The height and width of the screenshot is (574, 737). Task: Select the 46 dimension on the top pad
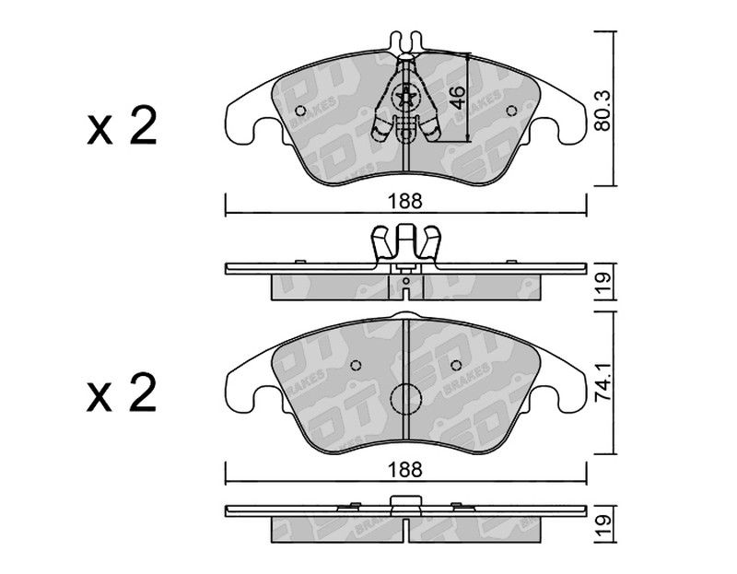[457, 97]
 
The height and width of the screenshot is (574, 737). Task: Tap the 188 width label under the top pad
[405, 202]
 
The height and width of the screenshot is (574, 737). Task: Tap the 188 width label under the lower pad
[405, 470]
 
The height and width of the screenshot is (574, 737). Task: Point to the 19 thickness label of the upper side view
[603, 283]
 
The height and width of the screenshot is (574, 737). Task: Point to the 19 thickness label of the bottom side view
[603, 526]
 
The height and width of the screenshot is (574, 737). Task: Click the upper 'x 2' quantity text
[122, 125]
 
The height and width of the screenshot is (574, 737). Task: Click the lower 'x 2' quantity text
[122, 394]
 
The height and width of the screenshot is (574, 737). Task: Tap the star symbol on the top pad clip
[405, 98]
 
